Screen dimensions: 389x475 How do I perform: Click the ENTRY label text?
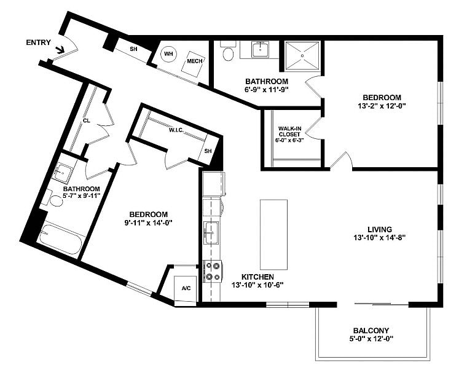(38, 42)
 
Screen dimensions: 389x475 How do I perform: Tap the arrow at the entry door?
(60, 50)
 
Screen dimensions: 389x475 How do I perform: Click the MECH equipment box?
(195, 61)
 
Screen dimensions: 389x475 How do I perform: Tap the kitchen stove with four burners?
(213, 272)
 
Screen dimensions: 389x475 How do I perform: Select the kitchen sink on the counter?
(211, 232)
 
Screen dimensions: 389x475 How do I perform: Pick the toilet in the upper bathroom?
(228, 53)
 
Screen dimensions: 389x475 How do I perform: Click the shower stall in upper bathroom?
(302, 56)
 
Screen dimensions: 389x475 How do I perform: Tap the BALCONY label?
(371, 330)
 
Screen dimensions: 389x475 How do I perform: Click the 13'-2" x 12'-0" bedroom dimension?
(381, 106)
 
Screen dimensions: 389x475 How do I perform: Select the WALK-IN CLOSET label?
(289, 130)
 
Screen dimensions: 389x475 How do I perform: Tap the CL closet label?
(86, 121)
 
